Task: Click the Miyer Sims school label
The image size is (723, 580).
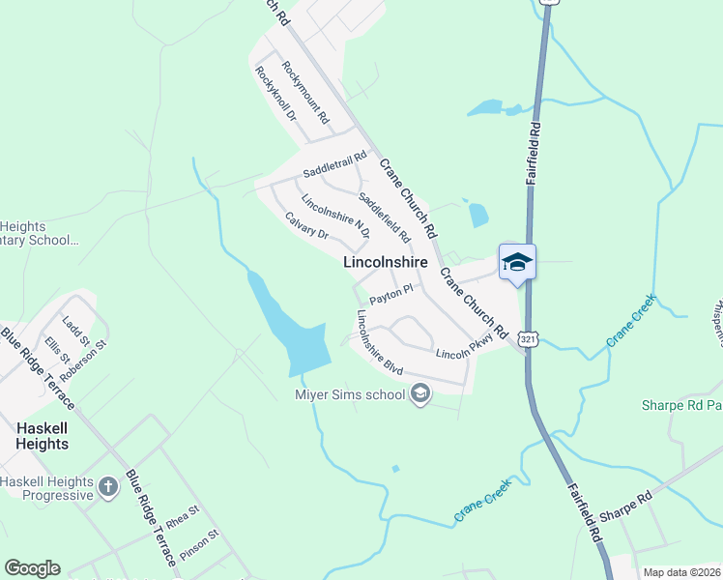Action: coord(350,393)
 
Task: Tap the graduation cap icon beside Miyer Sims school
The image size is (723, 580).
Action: coord(420,393)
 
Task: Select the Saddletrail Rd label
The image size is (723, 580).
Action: coord(335,163)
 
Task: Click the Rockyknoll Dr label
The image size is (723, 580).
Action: coord(275,94)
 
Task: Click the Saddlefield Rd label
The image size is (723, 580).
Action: coord(385,217)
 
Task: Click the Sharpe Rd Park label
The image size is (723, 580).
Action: coord(682,406)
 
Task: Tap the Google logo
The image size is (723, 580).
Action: coord(32,568)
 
